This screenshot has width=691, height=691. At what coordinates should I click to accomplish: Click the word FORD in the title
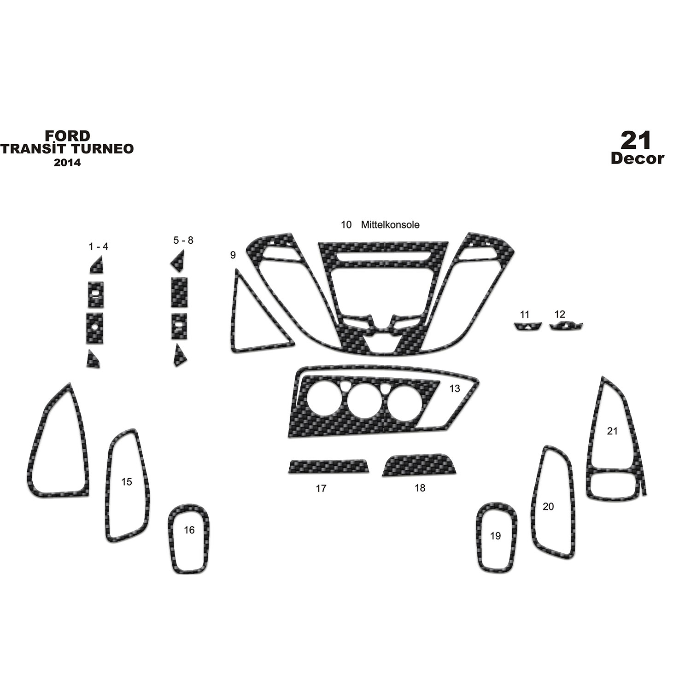tap(67, 135)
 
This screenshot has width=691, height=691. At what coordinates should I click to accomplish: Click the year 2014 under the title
tap(67, 162)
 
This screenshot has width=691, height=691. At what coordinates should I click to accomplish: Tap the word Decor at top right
tap(638, 158)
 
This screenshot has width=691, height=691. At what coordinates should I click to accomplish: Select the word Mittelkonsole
tap(390, 225)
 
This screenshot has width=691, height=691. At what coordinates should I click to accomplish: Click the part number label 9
tap(233, 255)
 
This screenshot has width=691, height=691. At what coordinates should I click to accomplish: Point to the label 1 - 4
tap(99, 246)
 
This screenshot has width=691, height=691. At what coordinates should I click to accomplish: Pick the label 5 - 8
tap(183, 240)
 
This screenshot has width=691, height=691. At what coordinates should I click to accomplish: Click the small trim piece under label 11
tap(526, 327)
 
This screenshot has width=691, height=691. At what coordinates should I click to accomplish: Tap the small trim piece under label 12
tap(566, 327)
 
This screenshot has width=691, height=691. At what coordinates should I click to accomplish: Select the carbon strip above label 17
tap(328, 466)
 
